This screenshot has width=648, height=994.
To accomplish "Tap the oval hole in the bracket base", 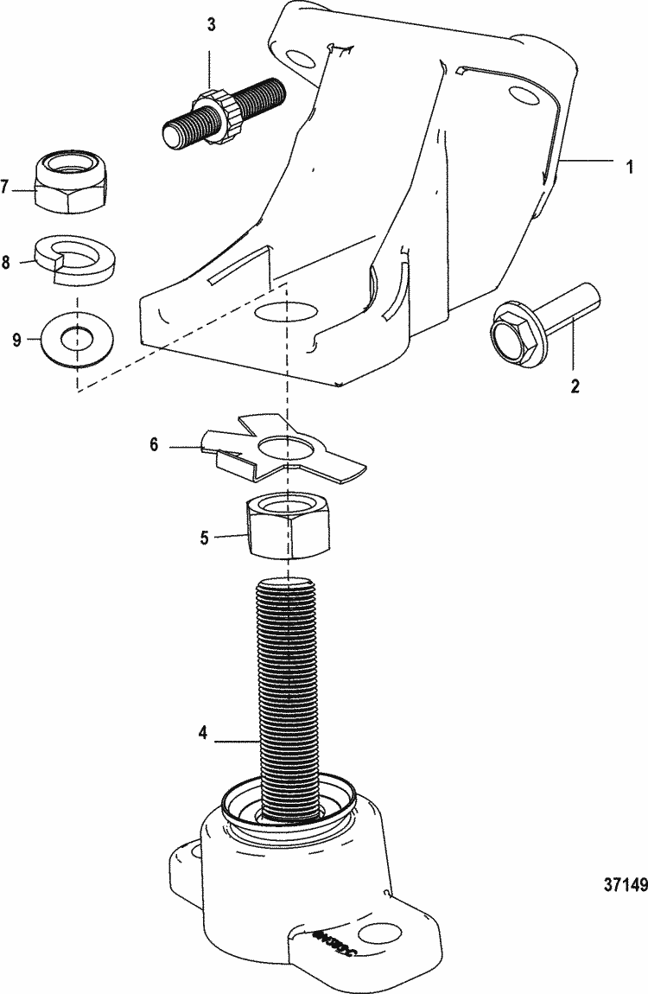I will (286, 312).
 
